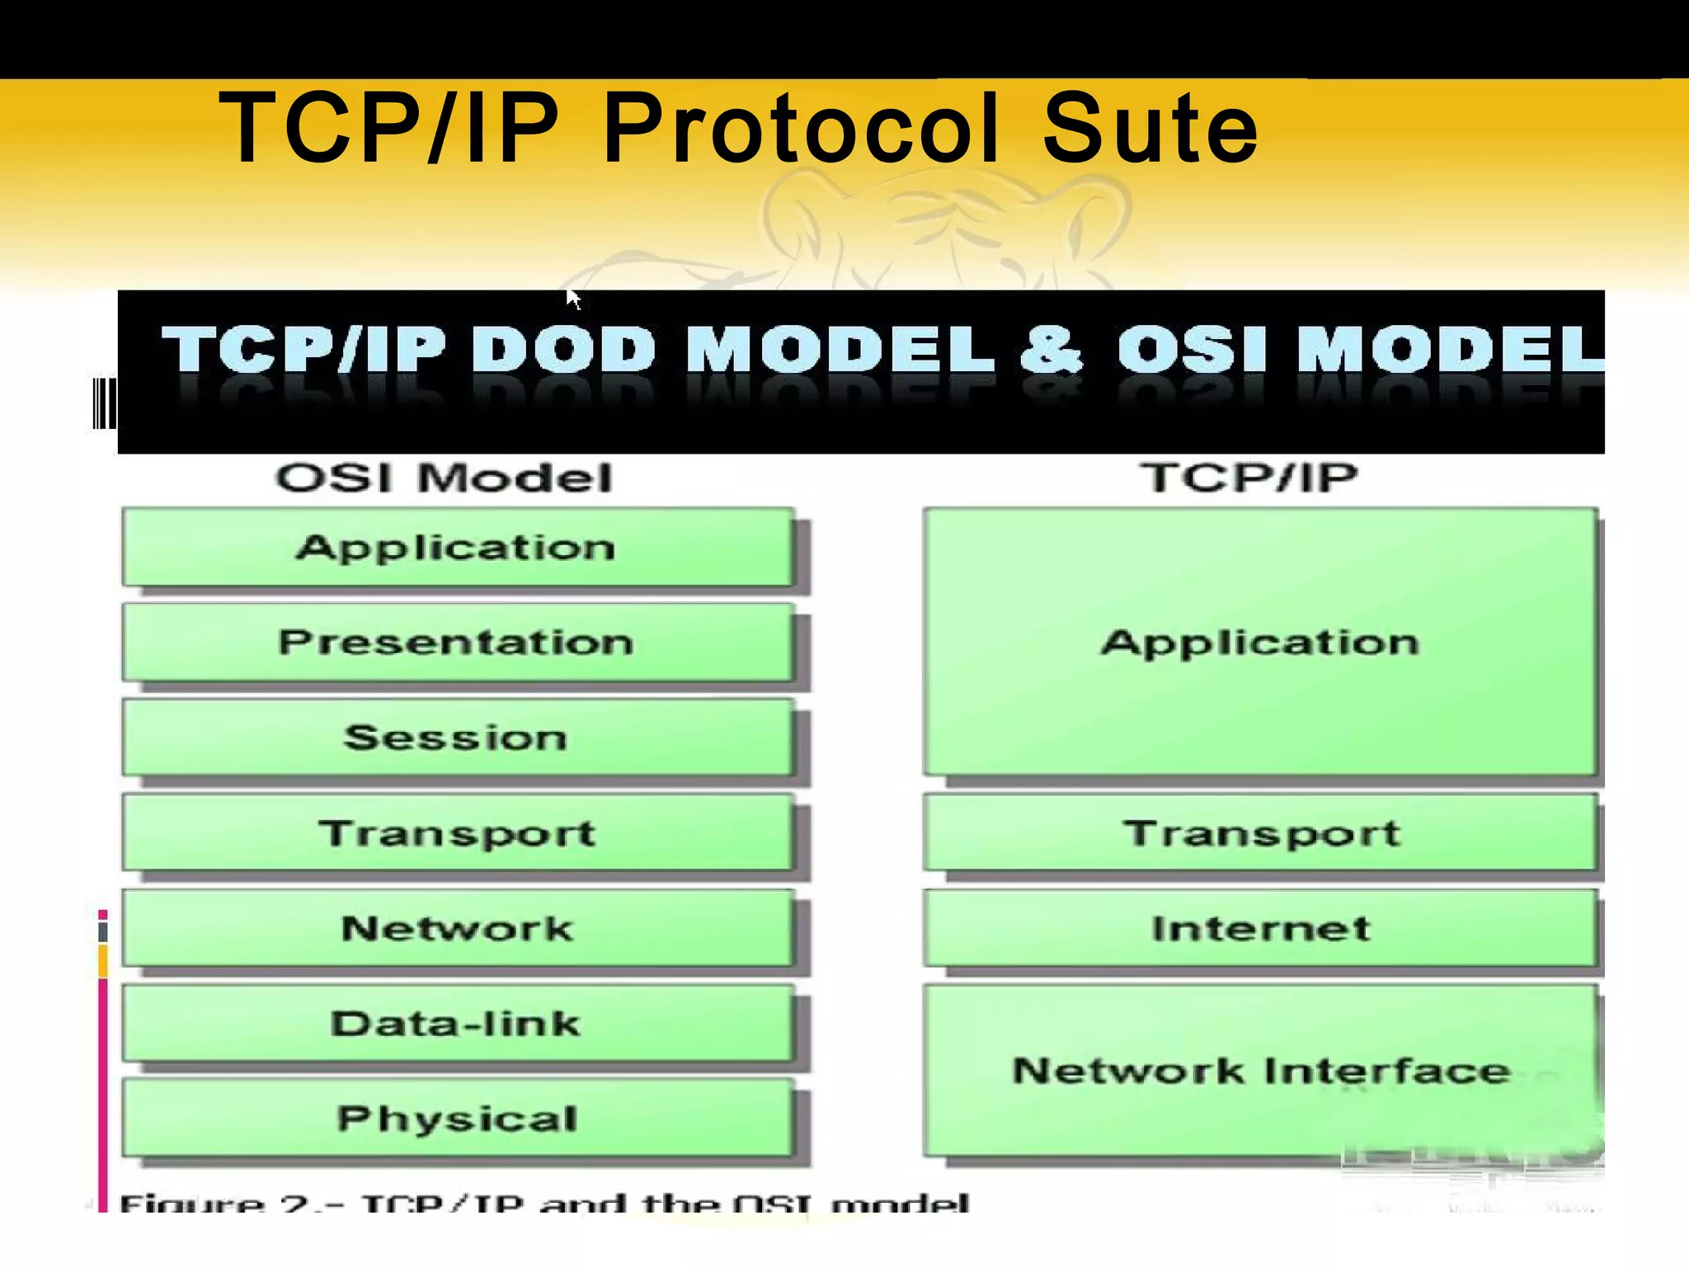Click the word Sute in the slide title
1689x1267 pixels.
click(1150, 130)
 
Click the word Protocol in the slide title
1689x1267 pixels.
click(801, 130)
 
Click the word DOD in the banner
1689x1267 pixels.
click(564, 349)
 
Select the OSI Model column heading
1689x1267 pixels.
click(444, 478)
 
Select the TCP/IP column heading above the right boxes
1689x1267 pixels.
click(1249, 478)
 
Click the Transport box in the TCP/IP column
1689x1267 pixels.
click(1260, 832)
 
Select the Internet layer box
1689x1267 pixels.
click(1260, 928)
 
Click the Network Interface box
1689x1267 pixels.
click(1260, 1071)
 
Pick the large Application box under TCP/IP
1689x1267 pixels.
click(1260, 643)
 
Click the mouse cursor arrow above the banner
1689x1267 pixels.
click(573, 299)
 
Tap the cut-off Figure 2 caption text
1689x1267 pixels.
click(544, 1203)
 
